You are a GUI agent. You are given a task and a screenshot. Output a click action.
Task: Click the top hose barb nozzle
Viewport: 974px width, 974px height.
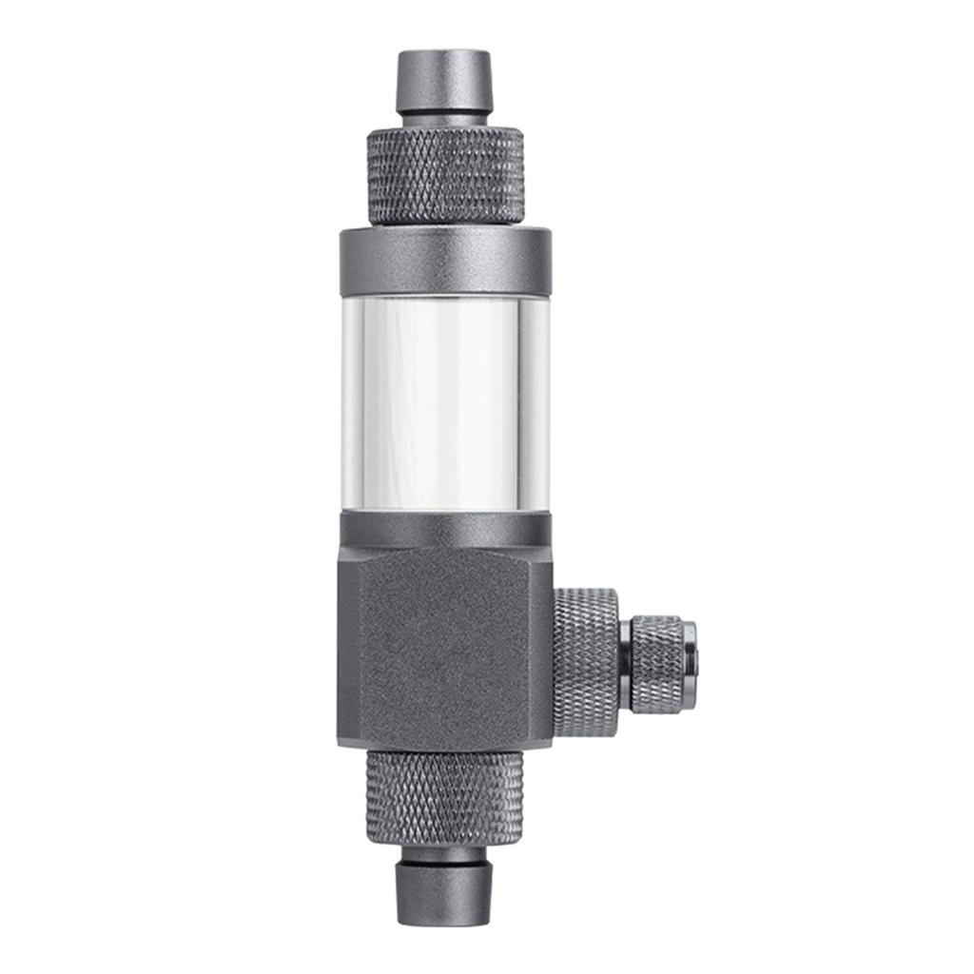[444, 83]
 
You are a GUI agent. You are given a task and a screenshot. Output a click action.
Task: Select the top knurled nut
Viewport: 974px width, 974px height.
[444, 177]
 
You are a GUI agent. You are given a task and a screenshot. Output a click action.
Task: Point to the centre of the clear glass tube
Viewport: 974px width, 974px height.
[444, 403]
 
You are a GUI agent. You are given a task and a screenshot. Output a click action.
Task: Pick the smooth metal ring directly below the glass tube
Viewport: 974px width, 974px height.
[444, 529]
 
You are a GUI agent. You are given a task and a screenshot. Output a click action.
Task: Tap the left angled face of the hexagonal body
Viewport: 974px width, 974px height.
[349, 647]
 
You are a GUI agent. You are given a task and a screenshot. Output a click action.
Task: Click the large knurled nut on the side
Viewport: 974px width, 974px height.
[585, 662]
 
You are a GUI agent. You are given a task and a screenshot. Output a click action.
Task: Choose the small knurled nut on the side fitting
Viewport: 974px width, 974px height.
[657, 663]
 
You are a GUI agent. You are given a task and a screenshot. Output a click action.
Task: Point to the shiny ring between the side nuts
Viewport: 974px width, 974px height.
[624, 663]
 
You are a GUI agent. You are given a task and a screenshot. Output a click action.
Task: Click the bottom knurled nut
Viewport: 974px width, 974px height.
[444, 797]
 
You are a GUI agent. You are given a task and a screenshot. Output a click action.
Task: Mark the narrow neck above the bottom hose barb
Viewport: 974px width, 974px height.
[444, 853]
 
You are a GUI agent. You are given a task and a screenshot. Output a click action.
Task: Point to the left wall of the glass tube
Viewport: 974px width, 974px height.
[351, 403]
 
